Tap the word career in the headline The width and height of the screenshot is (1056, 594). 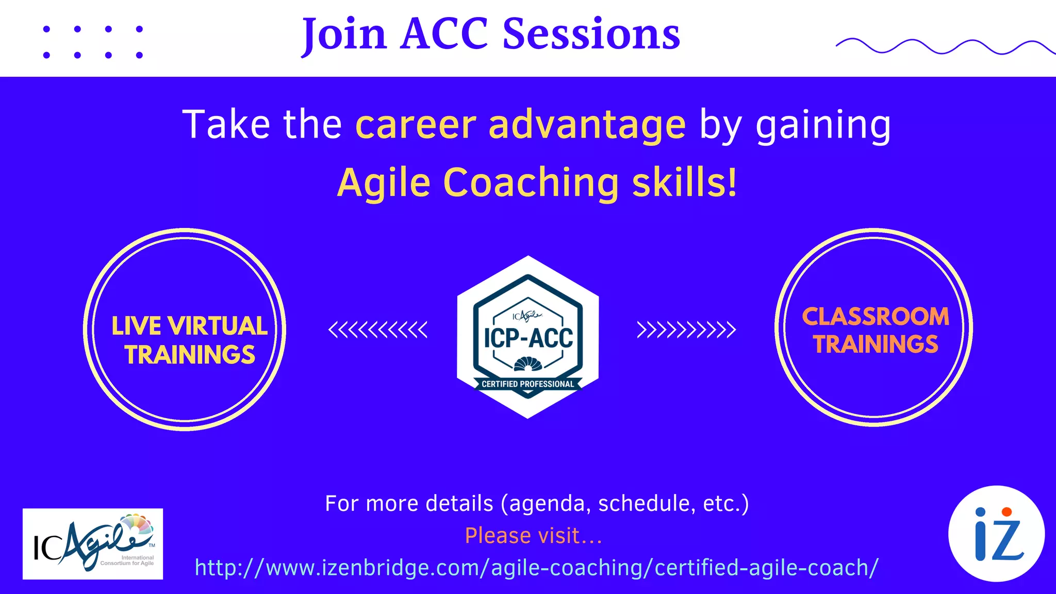tap(416, 125)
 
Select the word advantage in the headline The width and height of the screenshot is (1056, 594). tap(587, 125)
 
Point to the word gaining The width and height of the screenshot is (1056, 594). tap(823, 125)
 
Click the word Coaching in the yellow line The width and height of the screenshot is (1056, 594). tap(531, 183)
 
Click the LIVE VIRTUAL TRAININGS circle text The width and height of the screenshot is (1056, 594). tap(189, 340)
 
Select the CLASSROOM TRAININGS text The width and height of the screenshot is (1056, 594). tap(876, 330)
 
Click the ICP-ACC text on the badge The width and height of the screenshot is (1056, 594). tap(528, 338)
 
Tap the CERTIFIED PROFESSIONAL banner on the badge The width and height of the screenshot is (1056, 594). tap(527, 384)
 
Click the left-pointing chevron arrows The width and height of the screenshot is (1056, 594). tap(378, 329)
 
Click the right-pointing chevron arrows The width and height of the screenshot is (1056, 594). tap(686, 329)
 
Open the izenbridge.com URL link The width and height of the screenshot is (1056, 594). tap(536, 568)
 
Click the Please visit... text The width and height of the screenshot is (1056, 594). tap(534, 536)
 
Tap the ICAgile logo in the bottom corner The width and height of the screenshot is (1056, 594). tap(93, 544)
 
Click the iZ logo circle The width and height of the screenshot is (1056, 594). tap(996, 534)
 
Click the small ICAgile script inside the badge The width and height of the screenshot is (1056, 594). tap(527, 316)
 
